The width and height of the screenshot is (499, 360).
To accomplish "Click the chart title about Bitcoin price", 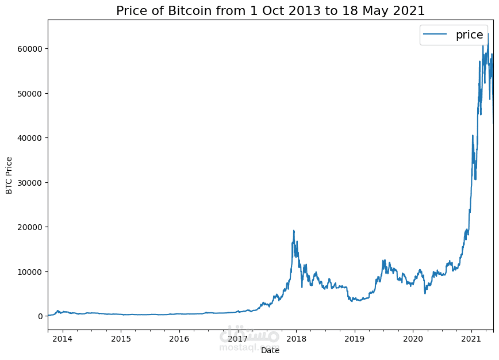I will tap(270, 10).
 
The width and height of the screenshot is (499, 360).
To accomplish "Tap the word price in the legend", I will tap(469, 35).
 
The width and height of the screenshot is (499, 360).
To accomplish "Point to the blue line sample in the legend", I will tap(435, 35).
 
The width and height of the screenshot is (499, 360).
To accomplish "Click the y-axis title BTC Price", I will tap(9, 175).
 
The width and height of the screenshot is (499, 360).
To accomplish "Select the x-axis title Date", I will tap(270, 350).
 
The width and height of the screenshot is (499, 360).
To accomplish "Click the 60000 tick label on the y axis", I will tap(29, 49).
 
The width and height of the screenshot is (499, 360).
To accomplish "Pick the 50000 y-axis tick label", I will tap(29, 93).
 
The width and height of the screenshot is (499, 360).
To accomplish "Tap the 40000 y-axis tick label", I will tap(29, 138).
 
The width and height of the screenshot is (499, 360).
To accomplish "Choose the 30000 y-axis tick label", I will tap(29, 182).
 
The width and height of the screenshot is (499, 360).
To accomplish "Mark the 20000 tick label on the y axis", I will tap(29, 227).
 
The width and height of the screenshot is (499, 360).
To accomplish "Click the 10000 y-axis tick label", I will tap(29, 271).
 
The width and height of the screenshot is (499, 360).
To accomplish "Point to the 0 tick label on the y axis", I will tap(40, 316).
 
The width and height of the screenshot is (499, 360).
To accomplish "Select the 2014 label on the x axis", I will tap(62, 338).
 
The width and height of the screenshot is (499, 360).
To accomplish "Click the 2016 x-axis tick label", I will tap(179, 338).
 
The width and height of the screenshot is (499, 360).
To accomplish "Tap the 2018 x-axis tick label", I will tap(297, 338).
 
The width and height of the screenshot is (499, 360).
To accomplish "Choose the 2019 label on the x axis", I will tap(355, 338).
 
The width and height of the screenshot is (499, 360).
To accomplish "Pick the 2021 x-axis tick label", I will tap(472, 338).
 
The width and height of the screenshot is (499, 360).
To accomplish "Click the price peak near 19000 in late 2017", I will tap(294, 231).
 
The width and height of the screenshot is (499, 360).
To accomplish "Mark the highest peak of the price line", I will tap(488, 34).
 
